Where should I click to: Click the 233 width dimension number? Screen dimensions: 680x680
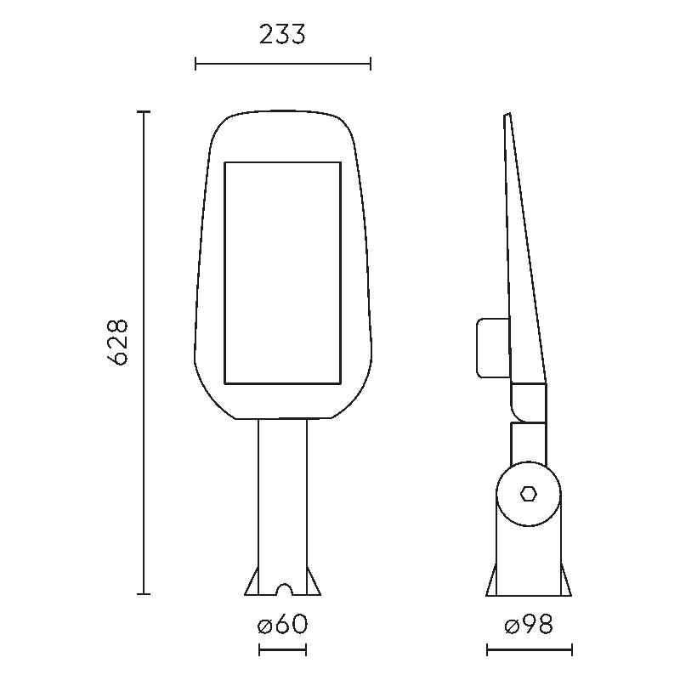pos(282,35)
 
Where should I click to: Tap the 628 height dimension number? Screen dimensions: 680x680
pos(117,343)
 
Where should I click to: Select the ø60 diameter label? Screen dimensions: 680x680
pos(282,625)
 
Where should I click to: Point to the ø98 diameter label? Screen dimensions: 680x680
pos(529,625)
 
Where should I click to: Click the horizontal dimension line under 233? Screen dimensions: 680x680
pos(283,65)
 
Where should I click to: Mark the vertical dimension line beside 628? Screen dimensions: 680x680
pos(144,353)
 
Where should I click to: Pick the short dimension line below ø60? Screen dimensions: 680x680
pos(282,650)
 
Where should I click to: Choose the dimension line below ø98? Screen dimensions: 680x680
pos(529,650)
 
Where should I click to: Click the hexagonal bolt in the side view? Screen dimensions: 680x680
pos(528,494)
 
